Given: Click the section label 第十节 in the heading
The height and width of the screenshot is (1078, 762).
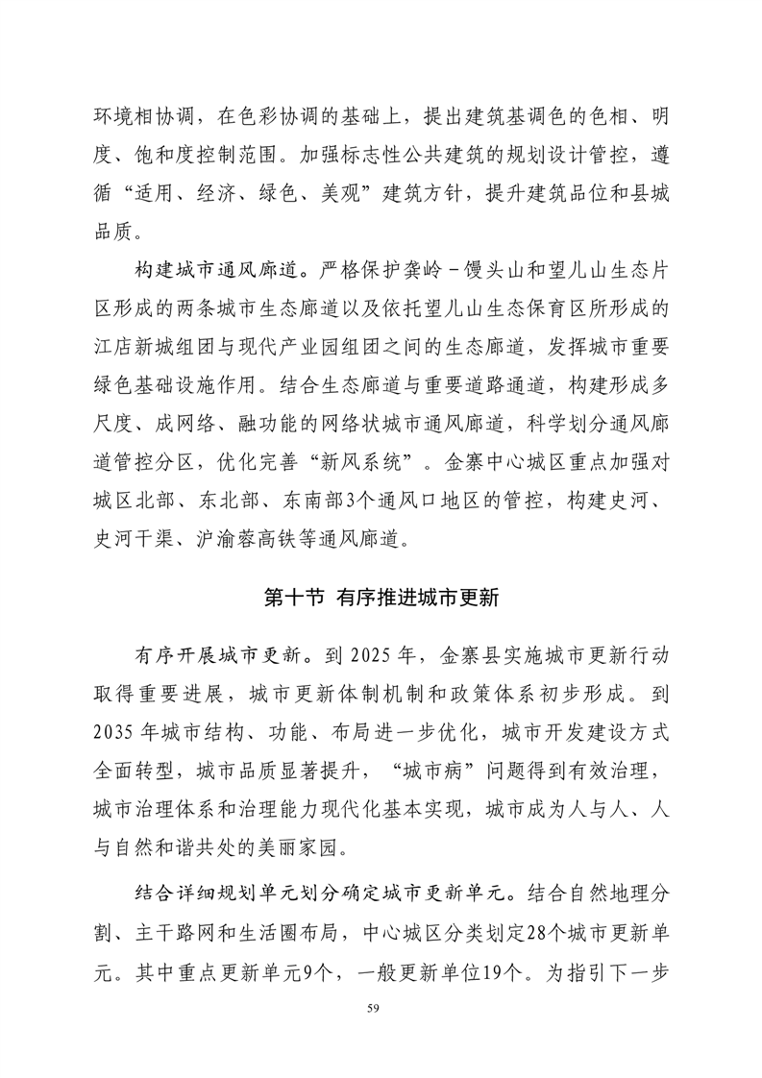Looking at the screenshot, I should click(x=296, y=597).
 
